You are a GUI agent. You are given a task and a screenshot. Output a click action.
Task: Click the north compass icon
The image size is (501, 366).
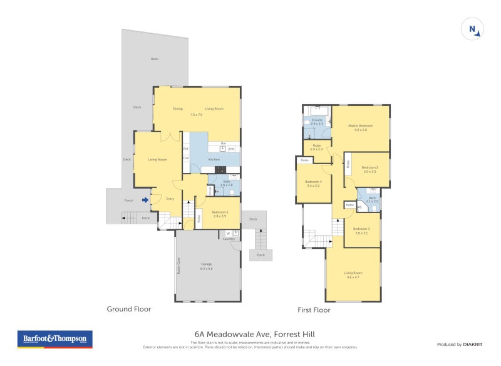pos(471,29)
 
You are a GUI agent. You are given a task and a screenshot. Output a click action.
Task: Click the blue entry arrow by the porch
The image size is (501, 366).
pos(145,201)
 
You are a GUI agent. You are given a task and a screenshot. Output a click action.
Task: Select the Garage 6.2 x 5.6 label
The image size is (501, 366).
pos(207,266)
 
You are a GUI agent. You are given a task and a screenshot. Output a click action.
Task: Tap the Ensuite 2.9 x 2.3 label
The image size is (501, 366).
pos(317,122)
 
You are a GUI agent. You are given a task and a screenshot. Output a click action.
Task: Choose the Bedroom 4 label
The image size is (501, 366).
pos(312,184)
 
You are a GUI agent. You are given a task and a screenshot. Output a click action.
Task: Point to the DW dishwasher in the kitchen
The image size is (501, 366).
pos(231,149)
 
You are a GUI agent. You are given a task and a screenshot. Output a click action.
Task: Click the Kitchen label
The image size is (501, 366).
pos(214,160)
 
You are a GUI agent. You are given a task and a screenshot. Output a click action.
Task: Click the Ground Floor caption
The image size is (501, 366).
pos(128,309)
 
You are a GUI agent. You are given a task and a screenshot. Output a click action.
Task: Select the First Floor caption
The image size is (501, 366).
pos(314,310)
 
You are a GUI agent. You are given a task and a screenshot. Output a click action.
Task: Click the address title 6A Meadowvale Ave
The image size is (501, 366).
pos(250,335)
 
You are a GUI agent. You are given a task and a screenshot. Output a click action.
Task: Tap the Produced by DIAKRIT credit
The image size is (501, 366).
pos(462,345)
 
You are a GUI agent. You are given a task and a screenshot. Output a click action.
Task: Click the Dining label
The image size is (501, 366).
pos(178,109)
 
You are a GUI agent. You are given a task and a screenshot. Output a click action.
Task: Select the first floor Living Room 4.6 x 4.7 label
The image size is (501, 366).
pos(353,274)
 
